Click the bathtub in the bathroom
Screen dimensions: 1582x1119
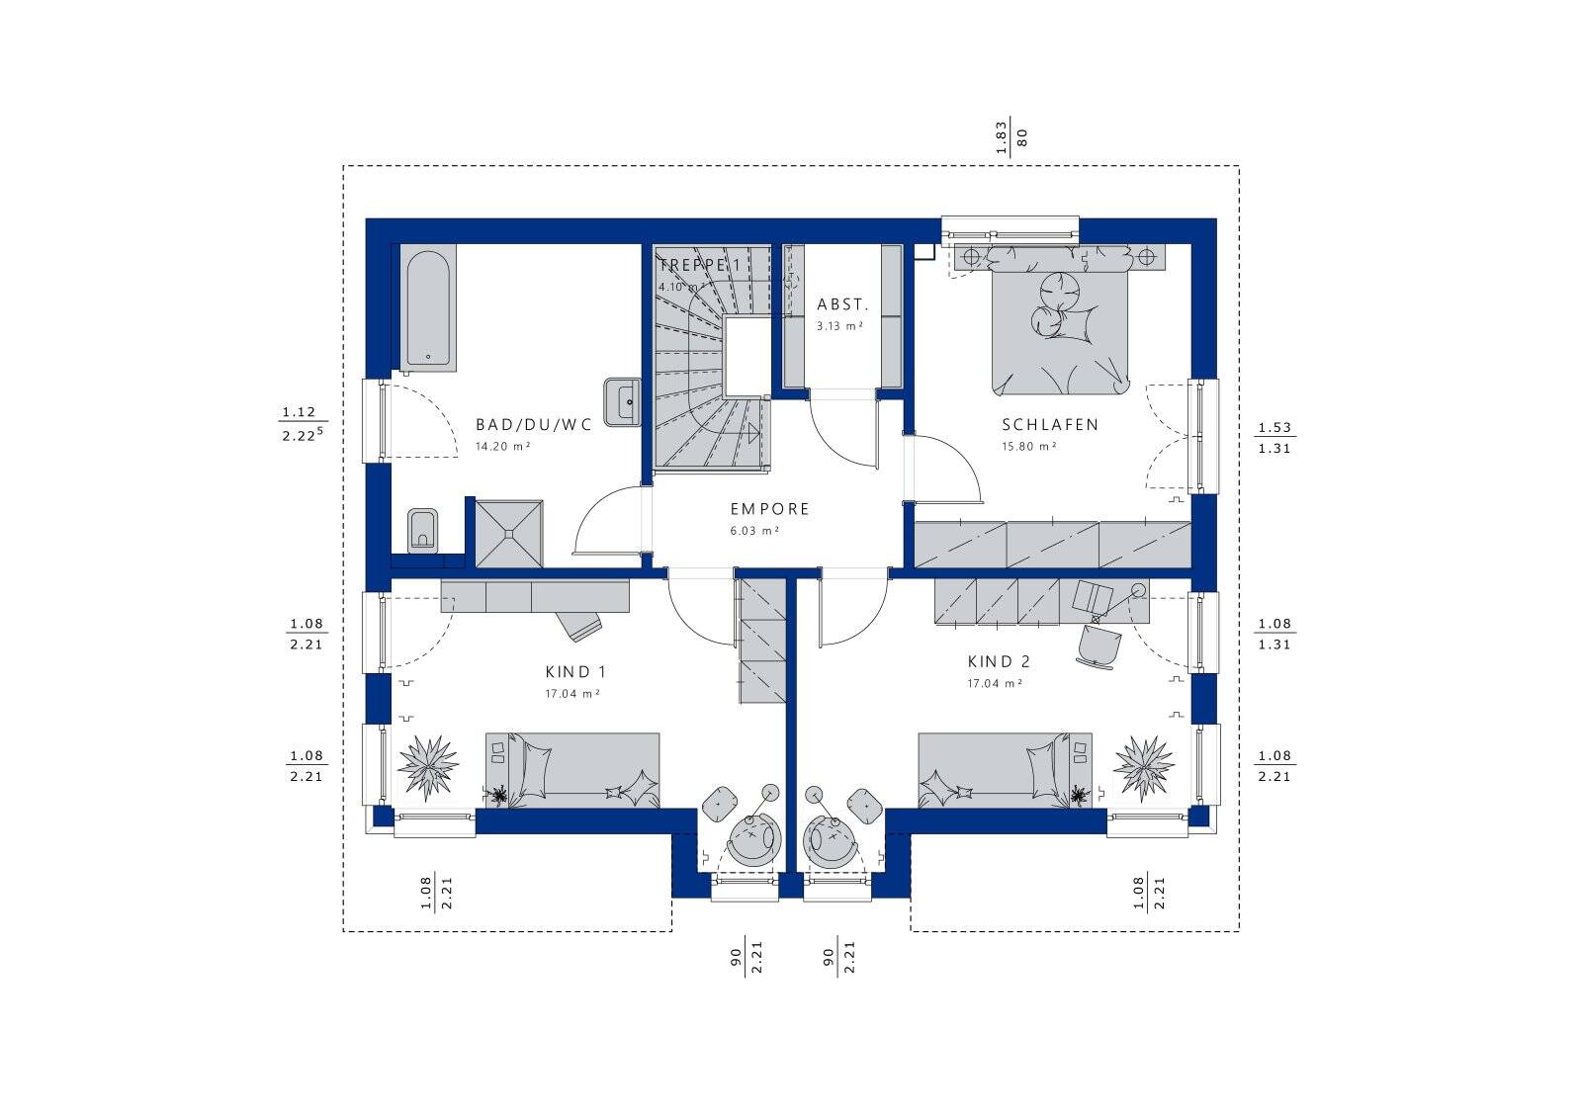point(428,307)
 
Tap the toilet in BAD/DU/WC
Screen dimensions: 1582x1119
point(423,532)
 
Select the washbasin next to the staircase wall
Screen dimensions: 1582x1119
point(622,402)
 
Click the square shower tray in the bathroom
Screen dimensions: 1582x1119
point(509,534)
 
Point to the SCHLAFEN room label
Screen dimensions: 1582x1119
point(1050,425)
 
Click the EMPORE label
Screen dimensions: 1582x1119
point(770,509)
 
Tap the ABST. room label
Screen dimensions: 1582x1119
point(842,305)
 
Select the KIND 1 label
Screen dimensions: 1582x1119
point(575,672)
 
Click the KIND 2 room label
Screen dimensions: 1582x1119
point(999,662)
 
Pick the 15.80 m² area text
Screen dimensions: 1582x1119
point(1029,446)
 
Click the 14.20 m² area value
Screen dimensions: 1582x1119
point(503,446)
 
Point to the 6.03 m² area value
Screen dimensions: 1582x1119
point(754,531)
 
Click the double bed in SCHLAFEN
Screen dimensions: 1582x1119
point(1059,320)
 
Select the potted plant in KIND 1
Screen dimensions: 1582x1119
point(428,767)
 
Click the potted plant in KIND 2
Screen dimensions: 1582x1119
point(1144,767)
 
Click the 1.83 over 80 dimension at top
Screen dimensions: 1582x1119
point(1011,136)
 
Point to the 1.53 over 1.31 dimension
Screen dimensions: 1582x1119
point(1274,438)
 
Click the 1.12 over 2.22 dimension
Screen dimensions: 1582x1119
point(303,424)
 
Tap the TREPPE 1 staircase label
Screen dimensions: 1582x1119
point(699,266)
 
